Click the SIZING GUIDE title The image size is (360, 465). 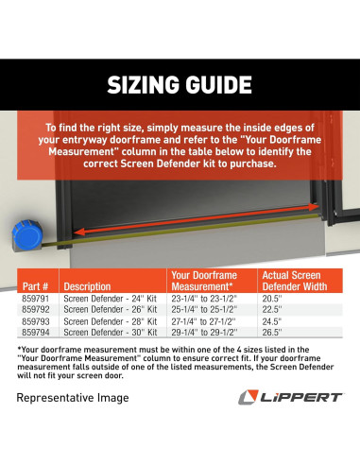180,86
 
